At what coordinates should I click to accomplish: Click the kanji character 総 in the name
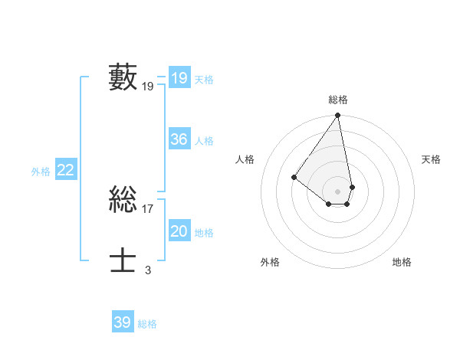(123, 200)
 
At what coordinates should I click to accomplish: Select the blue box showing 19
(179, 78)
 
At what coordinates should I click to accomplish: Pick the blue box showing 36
(179, 139)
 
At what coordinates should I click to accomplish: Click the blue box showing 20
(179, 231)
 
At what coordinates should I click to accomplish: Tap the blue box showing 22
(65, 170)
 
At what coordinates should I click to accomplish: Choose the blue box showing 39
(122, 322)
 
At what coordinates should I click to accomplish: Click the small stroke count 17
(148, 208)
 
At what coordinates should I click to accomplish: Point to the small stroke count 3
(148, 270)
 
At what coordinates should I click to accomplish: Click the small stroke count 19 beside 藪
(148, 87)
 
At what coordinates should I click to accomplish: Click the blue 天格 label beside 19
(204, 79)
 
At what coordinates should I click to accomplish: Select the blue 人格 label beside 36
(204, 141)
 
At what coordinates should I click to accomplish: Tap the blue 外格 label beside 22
(41, 172)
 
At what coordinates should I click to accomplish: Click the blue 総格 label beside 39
(147, 324)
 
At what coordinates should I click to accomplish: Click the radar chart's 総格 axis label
(338, 100)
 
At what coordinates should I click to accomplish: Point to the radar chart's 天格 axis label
(431, 159)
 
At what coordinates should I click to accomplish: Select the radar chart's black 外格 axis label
(270, 262)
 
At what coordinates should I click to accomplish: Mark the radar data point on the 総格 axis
(338, 116)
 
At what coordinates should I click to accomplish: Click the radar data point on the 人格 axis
(294, 177)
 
